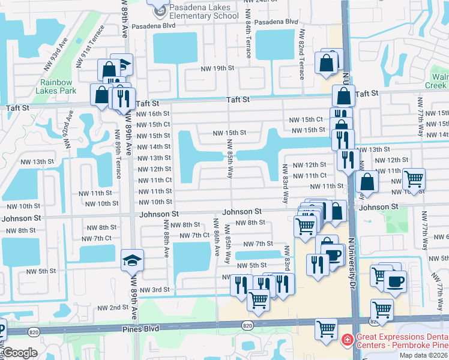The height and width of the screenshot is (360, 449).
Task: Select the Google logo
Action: [x=20, y=353]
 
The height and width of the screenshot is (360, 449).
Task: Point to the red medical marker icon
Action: [x=346, y=341]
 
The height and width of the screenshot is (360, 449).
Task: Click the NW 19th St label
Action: [x=217, y=68]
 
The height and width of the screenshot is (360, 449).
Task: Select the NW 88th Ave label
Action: [x=166, y=238]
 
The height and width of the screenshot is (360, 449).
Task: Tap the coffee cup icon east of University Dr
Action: [x=394, y=281]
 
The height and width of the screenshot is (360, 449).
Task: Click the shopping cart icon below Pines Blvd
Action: [x=326, y=329]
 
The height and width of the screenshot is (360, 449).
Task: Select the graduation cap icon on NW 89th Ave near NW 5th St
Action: [x=132, y=260]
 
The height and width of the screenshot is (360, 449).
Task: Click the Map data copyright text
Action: [x=424, y=355]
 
